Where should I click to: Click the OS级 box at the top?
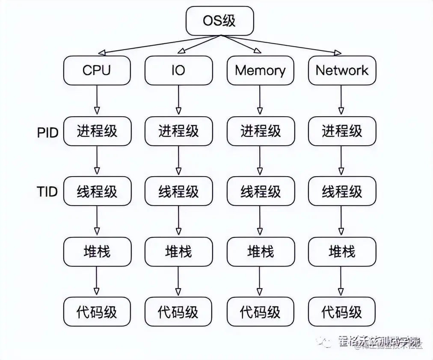[x=220, y=20]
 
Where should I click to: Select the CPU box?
[x=97, y=70]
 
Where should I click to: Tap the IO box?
[x=178, y=70]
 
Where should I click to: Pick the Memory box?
[x=260, y=70]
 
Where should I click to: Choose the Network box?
[x=342, y=70]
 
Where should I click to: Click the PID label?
[x=47, y=132]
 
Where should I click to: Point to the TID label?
[x=47, y=191]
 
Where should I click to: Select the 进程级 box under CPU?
[x=97, y=131]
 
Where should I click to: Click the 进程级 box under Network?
[x=342, y=131]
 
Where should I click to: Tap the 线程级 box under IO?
[x=178, y=191]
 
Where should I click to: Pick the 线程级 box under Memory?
[x=260, y=191]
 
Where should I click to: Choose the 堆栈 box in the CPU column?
[x=97, y=251]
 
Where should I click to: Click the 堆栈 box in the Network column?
[x=342, y=251]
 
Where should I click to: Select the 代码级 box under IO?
[x=178, y=312]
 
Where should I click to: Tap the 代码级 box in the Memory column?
[x=260, y=312]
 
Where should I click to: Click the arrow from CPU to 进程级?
[x=97, y=100]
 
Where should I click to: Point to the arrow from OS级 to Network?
[x=282, y=44]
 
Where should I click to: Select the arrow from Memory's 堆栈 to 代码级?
[x=260, y=281]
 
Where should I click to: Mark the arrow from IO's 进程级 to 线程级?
[x=178, y=161]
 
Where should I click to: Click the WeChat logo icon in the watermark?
[x=324, y=342]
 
